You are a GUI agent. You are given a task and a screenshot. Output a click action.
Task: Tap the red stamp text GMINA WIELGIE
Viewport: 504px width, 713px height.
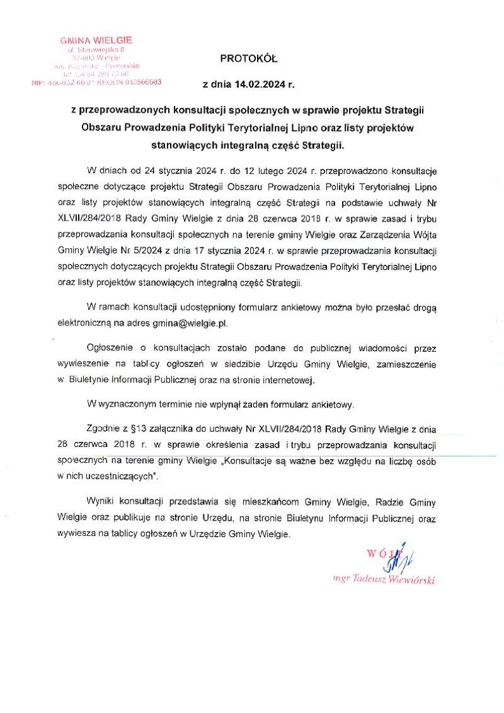tap(96, 40)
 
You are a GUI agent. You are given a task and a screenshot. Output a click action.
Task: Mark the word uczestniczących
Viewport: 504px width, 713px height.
tap(117, 477)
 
